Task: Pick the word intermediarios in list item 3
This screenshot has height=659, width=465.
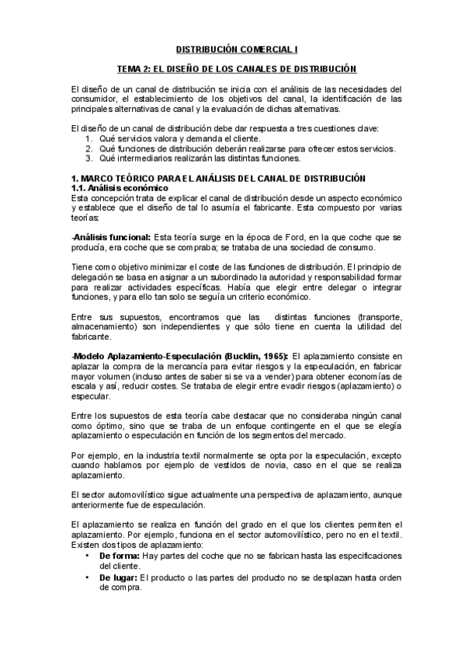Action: tap(144, 158)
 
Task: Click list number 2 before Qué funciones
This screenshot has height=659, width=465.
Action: tap(89, 148)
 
